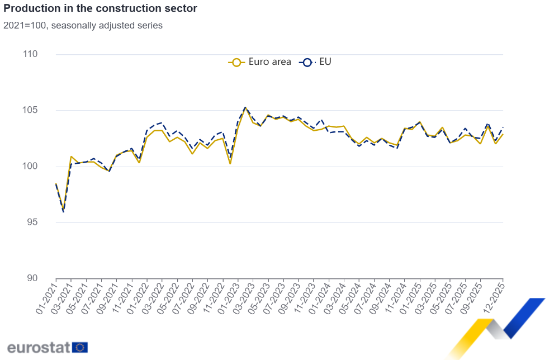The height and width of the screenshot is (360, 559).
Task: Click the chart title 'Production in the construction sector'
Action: pos(100,9)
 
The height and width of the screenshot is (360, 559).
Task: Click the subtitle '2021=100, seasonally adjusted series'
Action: pos(83,26)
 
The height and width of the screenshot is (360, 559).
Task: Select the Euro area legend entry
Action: pos(260,62)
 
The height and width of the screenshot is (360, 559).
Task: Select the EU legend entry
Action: pos(316,62)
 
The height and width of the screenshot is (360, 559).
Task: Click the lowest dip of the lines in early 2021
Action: pos(64,211)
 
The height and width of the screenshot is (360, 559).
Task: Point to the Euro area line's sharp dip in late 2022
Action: pos(230,163)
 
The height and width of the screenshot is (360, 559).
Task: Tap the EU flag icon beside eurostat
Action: pos(80,347)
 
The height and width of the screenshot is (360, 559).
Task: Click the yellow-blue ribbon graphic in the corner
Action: pos(498,327)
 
